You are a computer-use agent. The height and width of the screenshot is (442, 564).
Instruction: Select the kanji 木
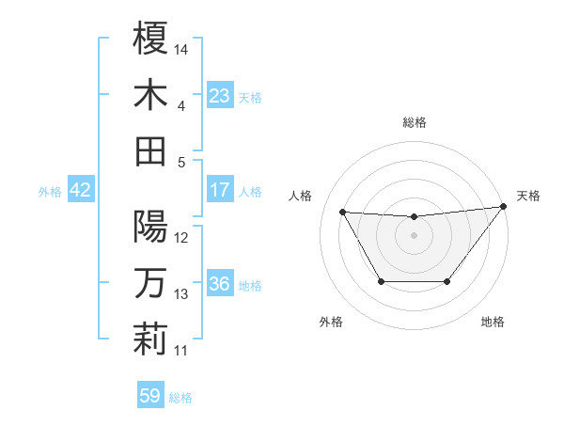tap(150, 95)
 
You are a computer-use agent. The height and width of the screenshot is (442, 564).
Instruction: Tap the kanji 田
tap(150, 151)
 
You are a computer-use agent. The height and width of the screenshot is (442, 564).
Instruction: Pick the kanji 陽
tap(150, 227)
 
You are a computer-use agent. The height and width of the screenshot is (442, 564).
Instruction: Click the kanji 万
tap(150, 283)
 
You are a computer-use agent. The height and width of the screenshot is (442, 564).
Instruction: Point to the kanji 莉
tap(150, 339)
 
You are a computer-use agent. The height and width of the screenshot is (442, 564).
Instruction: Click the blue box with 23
tap(219, 96)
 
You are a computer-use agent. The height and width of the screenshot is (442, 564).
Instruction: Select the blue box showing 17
tap(219, 190)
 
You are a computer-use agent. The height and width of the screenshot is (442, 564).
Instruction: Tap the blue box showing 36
tap(219, 284)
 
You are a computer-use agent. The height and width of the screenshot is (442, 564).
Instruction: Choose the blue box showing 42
tap(80, 190)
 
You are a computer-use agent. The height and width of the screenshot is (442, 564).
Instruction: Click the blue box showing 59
tap(150, 396)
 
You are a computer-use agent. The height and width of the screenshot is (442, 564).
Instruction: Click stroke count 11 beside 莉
tap(181, 352)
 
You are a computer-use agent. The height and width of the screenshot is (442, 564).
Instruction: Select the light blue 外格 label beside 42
tap(50, 192)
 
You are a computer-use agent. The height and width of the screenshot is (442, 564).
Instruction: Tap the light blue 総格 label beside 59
tap(180, 398)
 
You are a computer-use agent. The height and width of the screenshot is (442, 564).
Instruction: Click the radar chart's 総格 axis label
tap(414, 122)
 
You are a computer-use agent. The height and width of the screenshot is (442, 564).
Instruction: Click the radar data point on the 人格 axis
tap(342, 212)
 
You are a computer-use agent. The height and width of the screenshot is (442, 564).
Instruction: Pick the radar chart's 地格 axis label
tap(493, 322)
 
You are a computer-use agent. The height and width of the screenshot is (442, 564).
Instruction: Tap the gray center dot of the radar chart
tap(414, 235)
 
